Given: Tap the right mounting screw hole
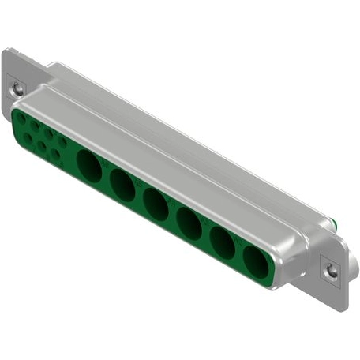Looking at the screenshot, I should (332, 270).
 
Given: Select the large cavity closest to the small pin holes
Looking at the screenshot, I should (90, 167).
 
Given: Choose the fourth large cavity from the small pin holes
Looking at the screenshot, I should (189, 224).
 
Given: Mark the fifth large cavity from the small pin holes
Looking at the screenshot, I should (222, 244).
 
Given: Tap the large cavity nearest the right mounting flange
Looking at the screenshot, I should (254, 261).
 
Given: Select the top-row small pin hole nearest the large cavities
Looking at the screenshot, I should (62, 142).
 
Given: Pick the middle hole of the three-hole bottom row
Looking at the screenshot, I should (42, 146).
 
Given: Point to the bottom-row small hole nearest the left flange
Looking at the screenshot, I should (28, 138).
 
